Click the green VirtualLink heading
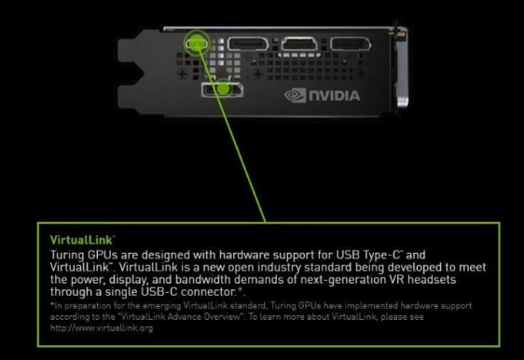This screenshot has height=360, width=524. coord(81,240)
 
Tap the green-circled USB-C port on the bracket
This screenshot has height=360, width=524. coord(197,44)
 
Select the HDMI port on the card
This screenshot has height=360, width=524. coord(299,44)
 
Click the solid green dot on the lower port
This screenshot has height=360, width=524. coord(224,89)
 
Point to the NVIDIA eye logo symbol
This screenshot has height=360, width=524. coord(295,95)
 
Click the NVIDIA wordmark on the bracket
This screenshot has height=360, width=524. coord(335,96)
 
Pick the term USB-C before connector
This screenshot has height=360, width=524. coord(159,292)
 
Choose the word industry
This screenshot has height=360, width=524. coord(280,268)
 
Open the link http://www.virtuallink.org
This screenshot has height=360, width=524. coord(102,328)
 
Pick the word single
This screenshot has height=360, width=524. coord(121,292)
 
